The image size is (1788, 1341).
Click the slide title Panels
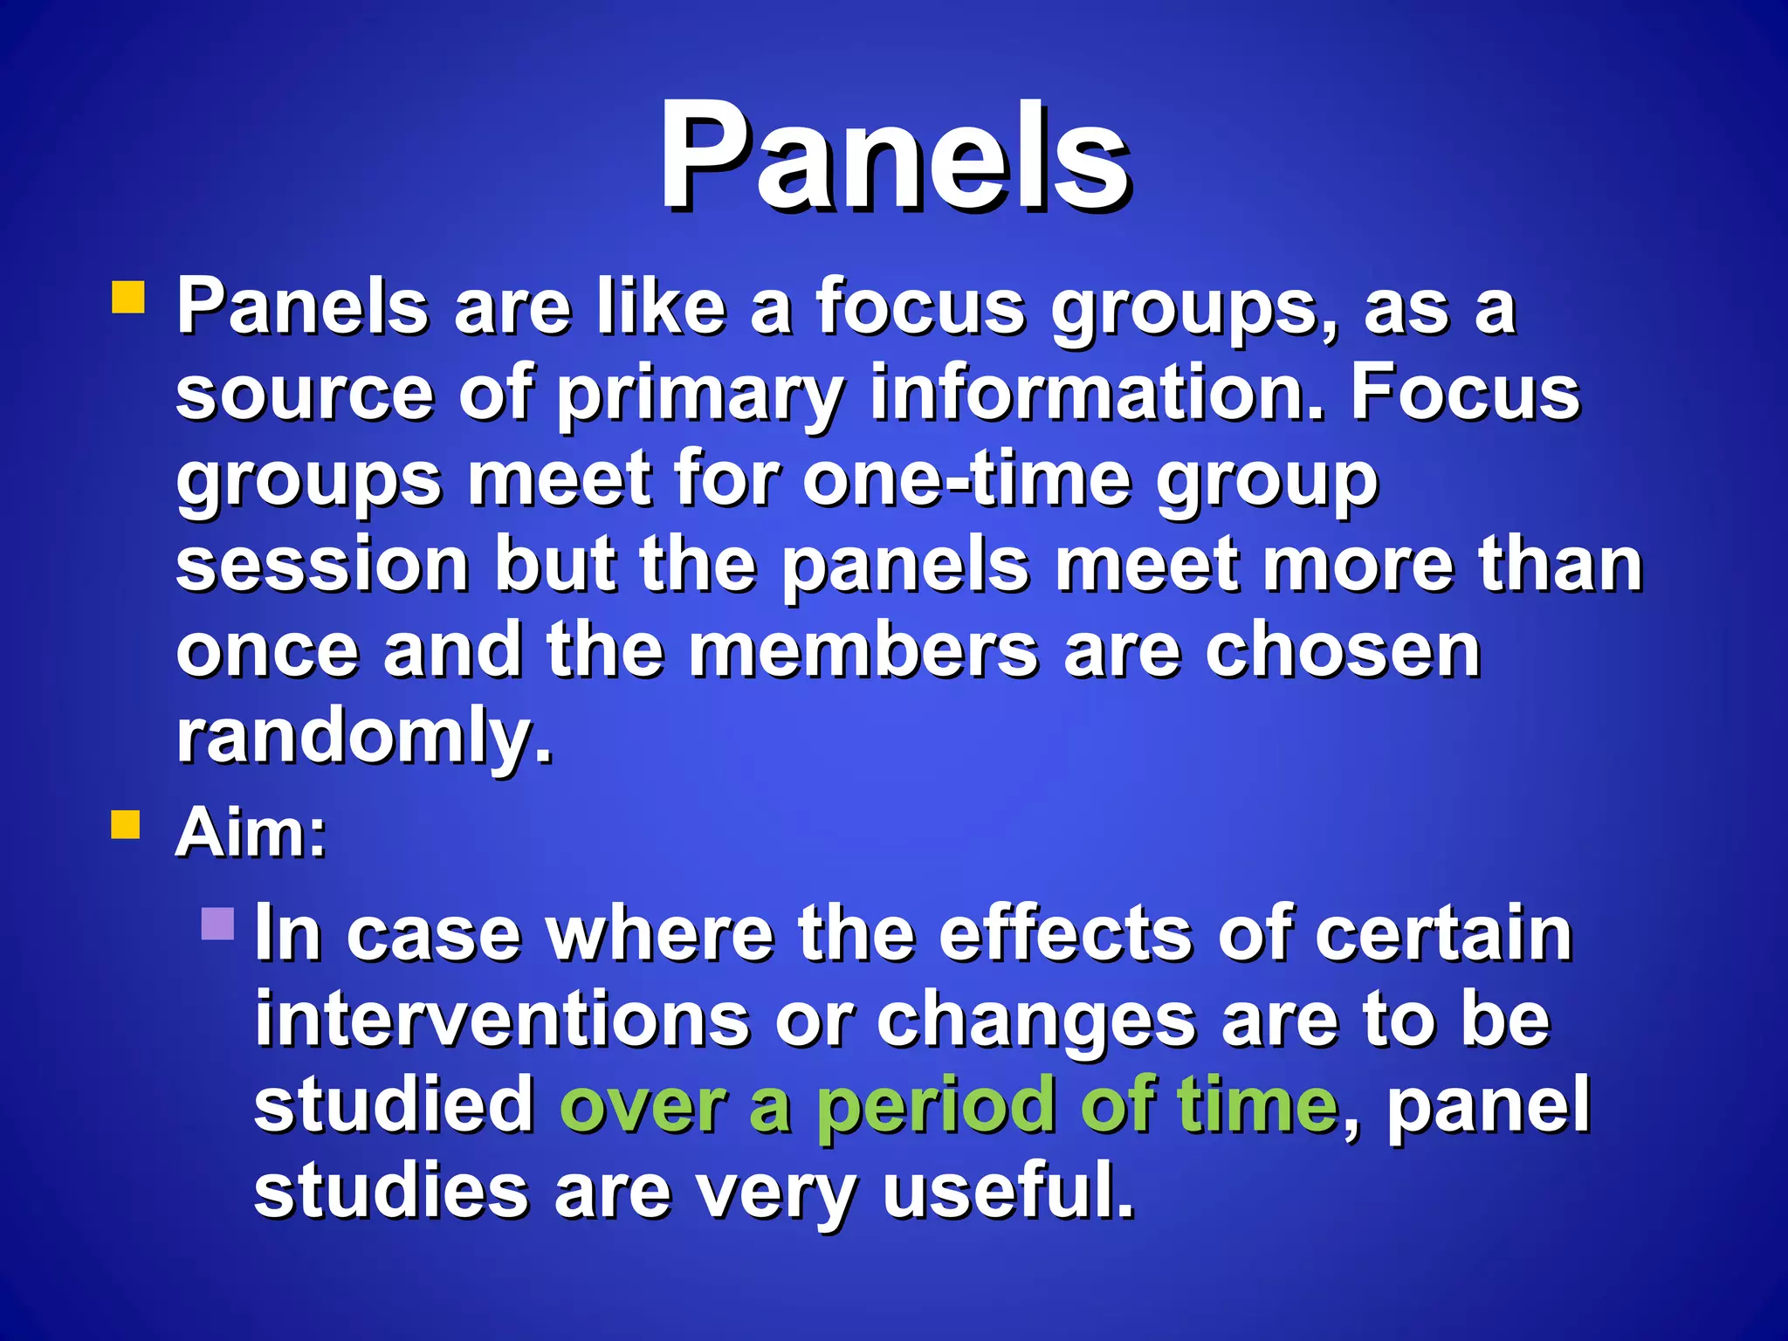click(894, 157)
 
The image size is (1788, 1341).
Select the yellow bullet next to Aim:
click(126, 823)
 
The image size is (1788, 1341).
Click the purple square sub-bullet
click(217, 924)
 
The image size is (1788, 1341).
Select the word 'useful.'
click(1008, 1191)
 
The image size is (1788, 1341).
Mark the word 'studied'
click(394, 1104)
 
